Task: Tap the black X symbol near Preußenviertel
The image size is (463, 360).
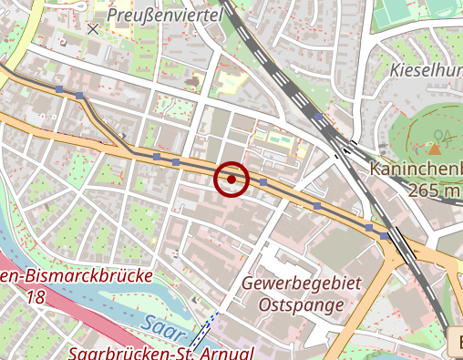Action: pos(92,29)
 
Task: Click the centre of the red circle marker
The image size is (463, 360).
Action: pos(231,180)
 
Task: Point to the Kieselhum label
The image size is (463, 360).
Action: pos(425,69)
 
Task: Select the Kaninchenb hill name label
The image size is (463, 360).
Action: pos(416,170)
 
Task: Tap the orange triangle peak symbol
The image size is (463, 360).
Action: pos(436,149)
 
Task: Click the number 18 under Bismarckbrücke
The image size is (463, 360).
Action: pos(36,297)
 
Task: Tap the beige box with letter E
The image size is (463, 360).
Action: pos(456,344)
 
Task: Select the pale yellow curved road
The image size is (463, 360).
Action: pos(24,27)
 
